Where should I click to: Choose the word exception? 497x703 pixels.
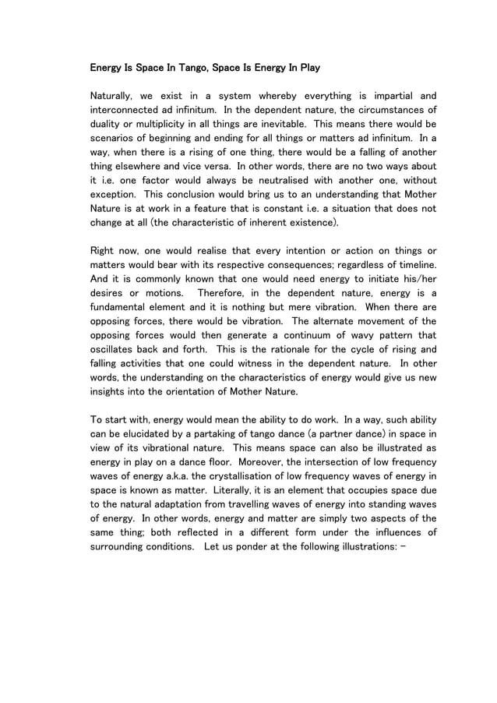pyautogui.click(x=113, y=195)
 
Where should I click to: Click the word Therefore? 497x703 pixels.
pyautogui.click(x=225, y=293)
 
